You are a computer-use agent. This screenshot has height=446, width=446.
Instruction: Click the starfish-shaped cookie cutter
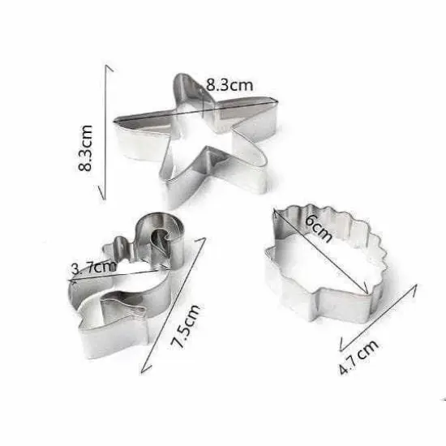[x=199, y=138]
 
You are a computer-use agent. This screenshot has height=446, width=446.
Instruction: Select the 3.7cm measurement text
[x=93, y=267]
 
